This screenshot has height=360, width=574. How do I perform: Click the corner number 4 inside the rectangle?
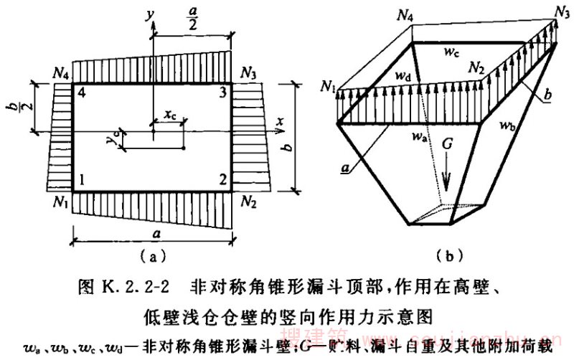(81, 93)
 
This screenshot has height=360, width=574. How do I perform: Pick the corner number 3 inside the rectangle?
(222, 93)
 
